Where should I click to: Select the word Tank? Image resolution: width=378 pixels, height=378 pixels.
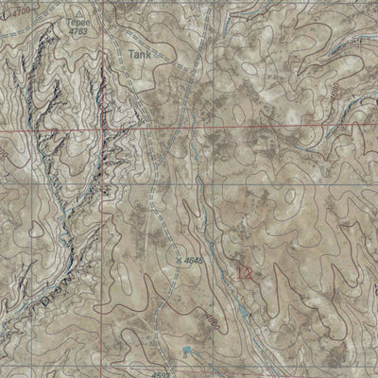(x=140, y=55)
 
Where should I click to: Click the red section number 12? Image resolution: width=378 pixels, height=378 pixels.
(x=245, y=274)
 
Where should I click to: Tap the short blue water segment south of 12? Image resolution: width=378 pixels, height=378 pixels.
(x=244, y=310)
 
